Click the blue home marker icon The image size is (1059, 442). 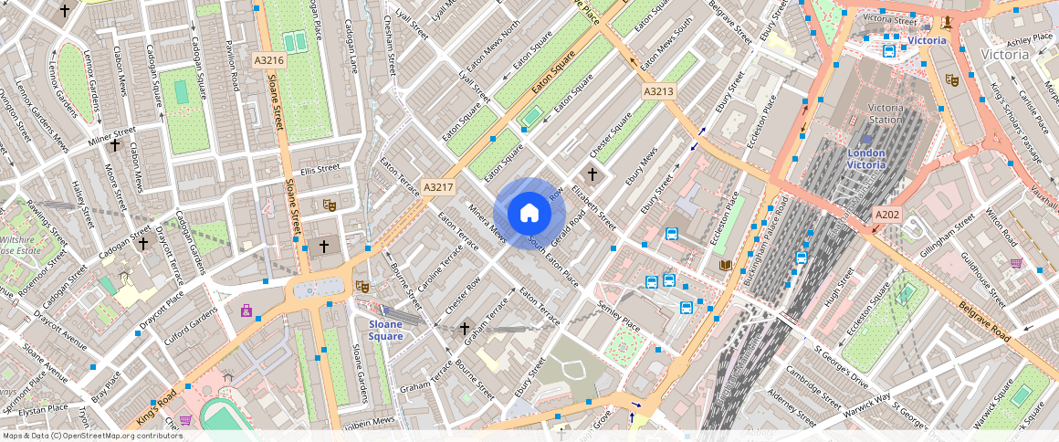pyautogui.click(x=529, y=213)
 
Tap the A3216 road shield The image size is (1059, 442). pyautogui.click(x=269, y=60)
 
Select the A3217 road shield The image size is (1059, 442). pyautogui.click(x=437, y=187)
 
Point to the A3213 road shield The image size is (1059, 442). pyautogui.click(x=658, y=91)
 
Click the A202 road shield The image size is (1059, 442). pyautogui.click(x=887, y=215)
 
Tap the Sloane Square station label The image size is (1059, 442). pyautogui.click(x=385, y=330)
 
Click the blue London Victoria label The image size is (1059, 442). pyautogui.click(x=866, y=159)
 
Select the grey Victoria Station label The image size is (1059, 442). pyautogui.click(x=885, y=113)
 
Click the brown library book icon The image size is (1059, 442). pyautogui.click(x=725, y=265)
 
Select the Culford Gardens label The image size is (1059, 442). pyautogui.click(x=191, y=318)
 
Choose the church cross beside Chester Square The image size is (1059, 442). pyautogui.click(x=592, y=174)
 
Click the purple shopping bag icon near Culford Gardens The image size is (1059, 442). pyautogui.click(x=246, y=310)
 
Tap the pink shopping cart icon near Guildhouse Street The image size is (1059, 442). pyautogui.click(x=1016, y=264)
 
